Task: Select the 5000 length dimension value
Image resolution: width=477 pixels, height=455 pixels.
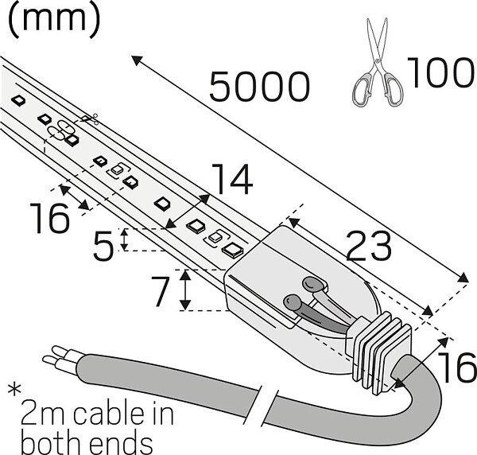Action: point(259,86)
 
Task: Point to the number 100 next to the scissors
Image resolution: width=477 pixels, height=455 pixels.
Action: point(439,73)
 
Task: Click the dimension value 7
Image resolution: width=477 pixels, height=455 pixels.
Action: point(161,291)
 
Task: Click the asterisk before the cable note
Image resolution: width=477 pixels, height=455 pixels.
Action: point(14,392)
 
